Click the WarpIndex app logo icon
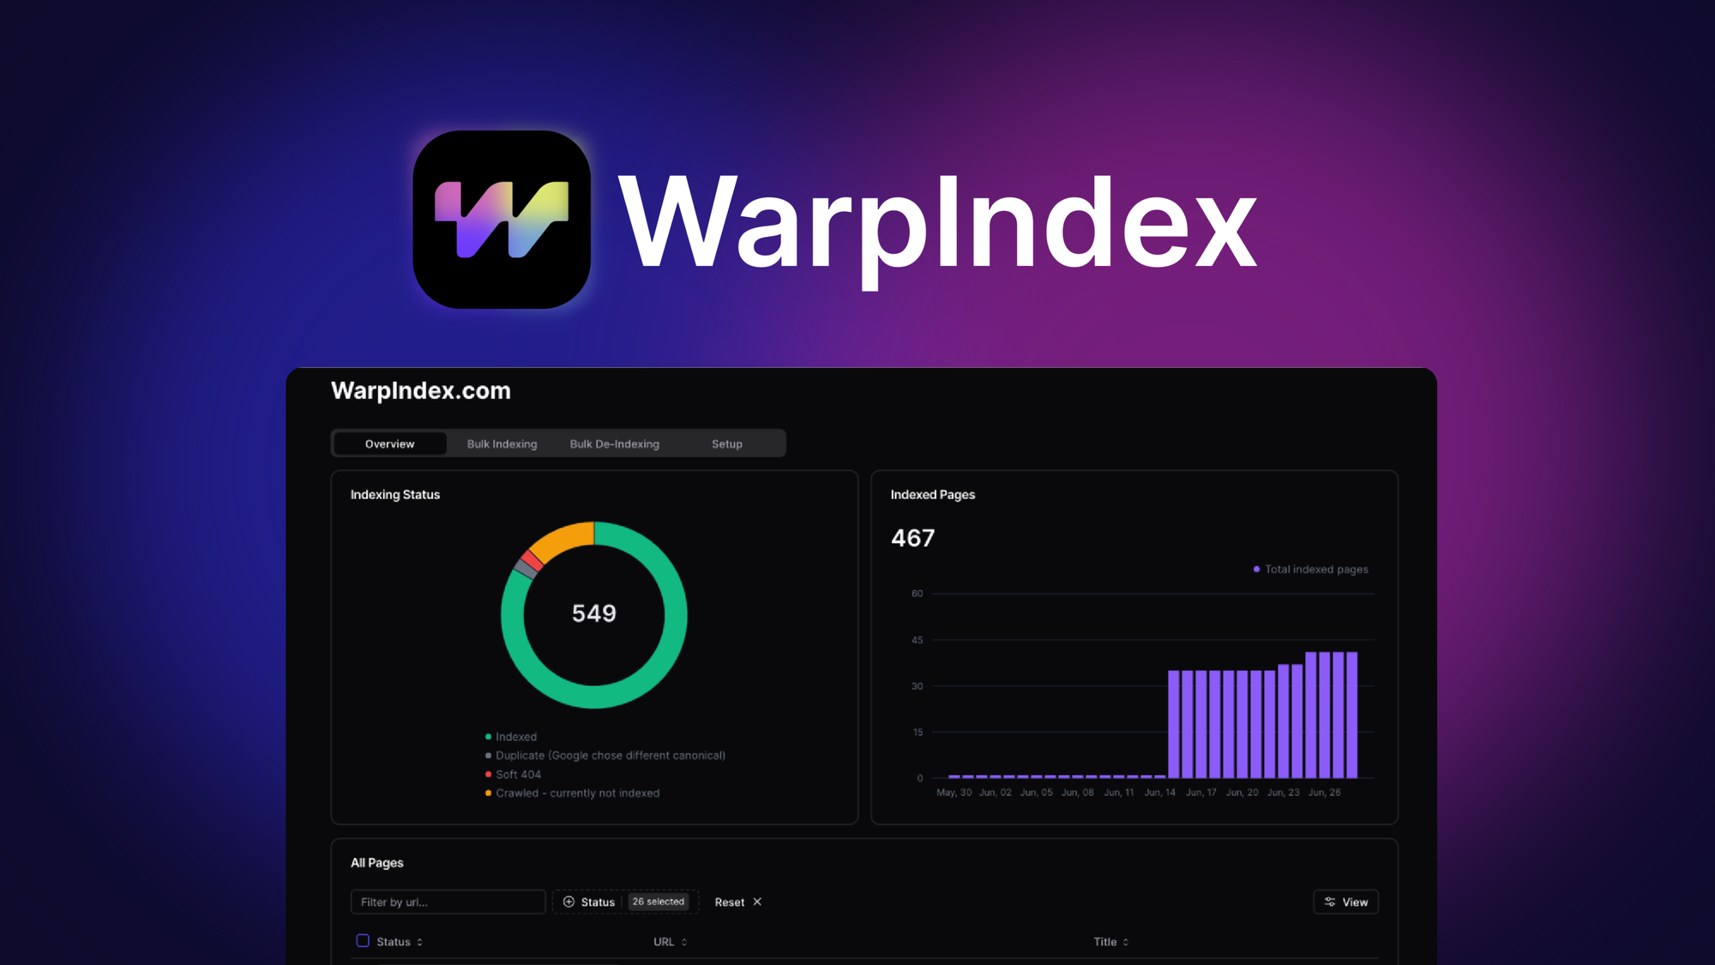click(x=502, y=220)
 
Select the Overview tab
click(x=389, y=443)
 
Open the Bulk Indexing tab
click(x=502, y=443)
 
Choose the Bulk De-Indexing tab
click(x=614, y=443)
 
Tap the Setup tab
click(x=726, y=443)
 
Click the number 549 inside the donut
click(x=593, y=613)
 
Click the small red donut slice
click(x=533, y=560)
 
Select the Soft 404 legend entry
click(x=518, y=775)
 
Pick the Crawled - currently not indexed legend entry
click(x=577, y=793)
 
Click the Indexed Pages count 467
click(x=912, y=538)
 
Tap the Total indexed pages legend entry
click(x=1315, y=570)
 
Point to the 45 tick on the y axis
click(x=918, y=640)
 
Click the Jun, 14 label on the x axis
click(x=1159, y=793)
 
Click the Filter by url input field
click(x=448, y=902)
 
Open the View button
click(x=1345, y=902)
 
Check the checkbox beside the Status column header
click(x=363, y=941)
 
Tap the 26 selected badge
click(x=659, y=902)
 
